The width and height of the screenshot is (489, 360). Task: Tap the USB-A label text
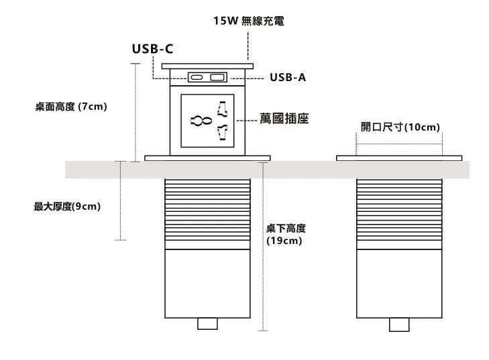coord(287,78)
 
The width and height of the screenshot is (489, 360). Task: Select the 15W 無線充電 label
coord(249,21)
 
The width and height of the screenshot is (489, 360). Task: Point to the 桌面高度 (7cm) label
coord(71,106)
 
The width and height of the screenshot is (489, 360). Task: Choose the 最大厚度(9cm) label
coord(67,206)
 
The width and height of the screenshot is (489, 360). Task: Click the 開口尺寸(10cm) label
coord(400,127)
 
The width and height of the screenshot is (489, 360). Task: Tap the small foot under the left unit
coord(207,324)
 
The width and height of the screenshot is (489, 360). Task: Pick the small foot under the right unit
coord(399,324)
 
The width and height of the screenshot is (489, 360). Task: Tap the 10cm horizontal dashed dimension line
coord(399,137)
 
